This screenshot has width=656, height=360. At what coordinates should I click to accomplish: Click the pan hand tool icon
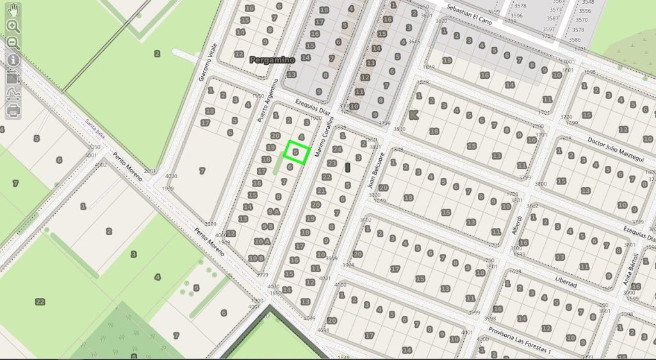pyautogui.click(x=13, y=9)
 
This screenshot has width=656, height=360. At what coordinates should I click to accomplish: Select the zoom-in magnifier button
pyautogui.click(x=13, y=26)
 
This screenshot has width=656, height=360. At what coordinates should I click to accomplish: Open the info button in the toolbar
pyautogui.click(x=13, y=60)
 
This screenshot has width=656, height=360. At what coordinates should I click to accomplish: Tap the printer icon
pyautogui.click(x=13, y=110)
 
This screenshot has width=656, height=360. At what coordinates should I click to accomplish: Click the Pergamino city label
pyautogui.click(x=272, y=60)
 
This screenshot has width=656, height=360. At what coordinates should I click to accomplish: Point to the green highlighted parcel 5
pyautogui.click(x=297, y=152)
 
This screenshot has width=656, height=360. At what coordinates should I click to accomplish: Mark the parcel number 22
pyautogui.click(x=40, y=302)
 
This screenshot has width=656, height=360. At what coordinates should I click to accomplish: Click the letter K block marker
pyautogui.click(x=413, y=115)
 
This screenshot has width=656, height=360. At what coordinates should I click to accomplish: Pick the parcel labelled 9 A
pyautogui.click(x=274, y=211)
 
